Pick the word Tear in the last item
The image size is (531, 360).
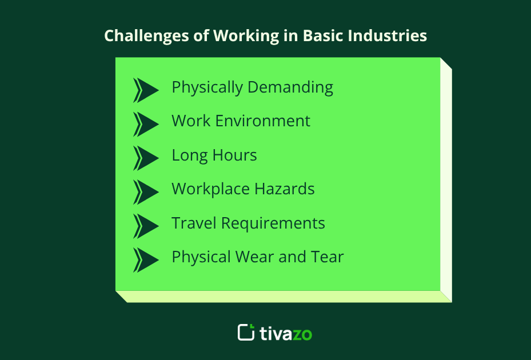328,257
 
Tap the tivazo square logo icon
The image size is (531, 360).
246,332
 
